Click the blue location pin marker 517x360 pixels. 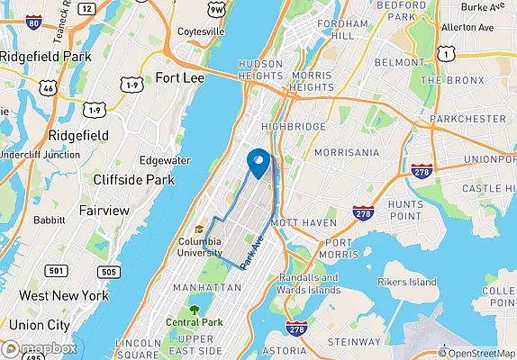(x=258, y=163)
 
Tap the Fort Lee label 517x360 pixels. (x=179, y=77)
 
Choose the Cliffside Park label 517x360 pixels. (x=133, y=180)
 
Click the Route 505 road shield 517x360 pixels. (x=109, y=271)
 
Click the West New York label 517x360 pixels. (x=63, y=296)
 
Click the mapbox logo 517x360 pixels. (x=39, y=349)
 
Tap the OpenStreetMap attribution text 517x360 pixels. (x=477, y=354)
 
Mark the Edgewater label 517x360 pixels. (x=165, y=160)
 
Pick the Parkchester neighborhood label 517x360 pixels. (x=467, y=119)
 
